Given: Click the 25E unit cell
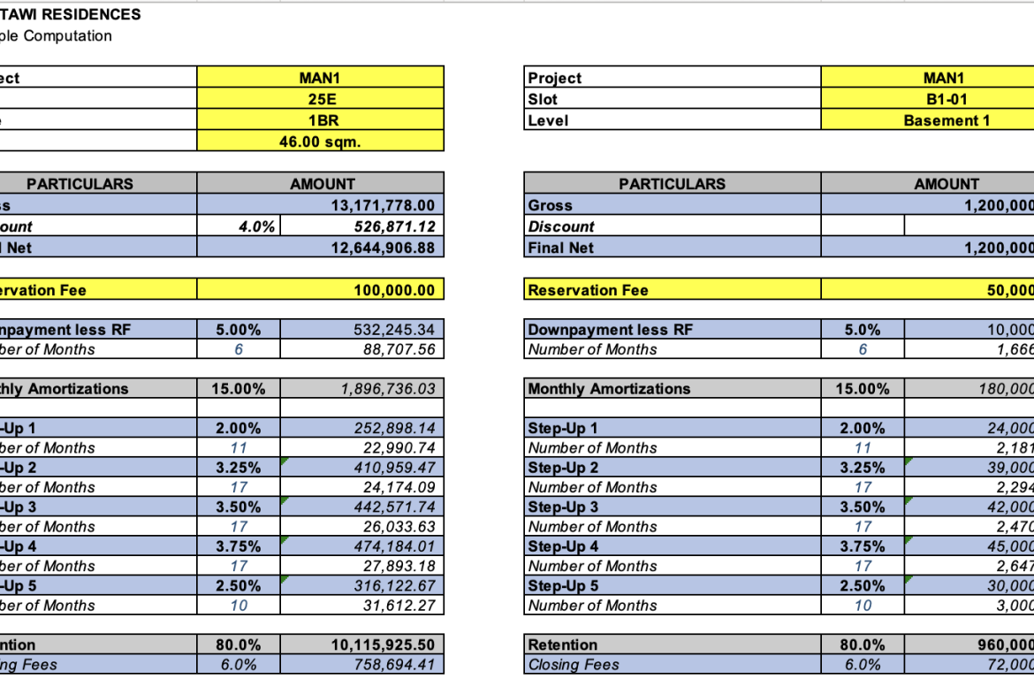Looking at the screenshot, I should pos(321,99).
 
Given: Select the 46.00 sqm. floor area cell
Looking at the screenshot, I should pos(321,141).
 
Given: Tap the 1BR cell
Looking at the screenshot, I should pos(321,120).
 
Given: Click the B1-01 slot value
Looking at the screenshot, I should pos(944,99).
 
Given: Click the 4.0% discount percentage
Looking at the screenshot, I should pos(257,226).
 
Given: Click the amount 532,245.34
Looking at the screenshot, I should pos(394,330).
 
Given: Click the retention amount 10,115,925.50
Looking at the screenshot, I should pos(383,644).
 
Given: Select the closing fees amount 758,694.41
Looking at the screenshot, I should pos(394,664).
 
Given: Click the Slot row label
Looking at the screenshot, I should pos(543,99).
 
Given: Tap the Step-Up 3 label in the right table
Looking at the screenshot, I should pos(563,507).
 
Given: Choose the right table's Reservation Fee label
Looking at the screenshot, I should pos(588,289).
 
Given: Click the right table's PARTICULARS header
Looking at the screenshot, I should pos(672,184).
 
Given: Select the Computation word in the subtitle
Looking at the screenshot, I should pos(68,35).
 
